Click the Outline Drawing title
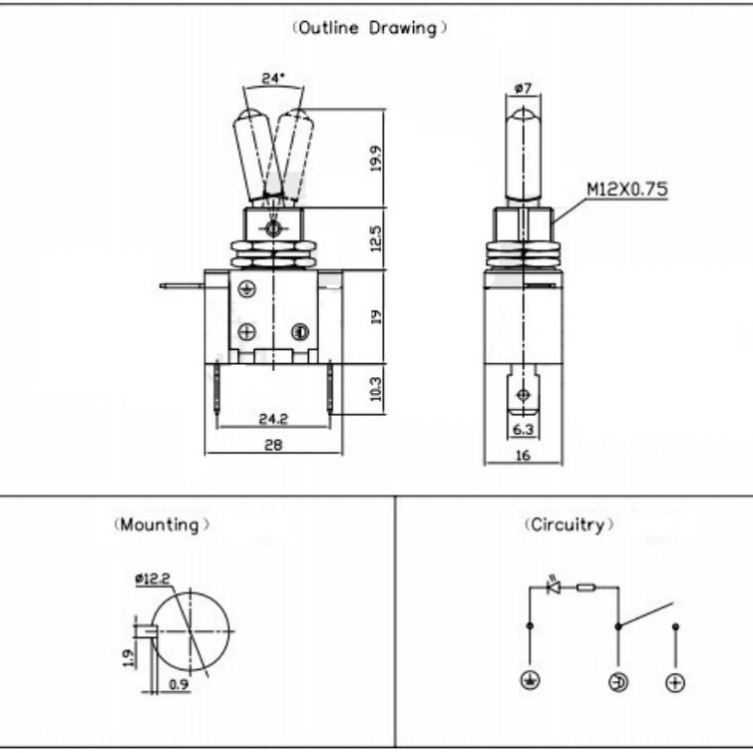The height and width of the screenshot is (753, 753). point(369,28)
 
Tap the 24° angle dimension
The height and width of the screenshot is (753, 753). point(273,78)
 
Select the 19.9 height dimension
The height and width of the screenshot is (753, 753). point(376,159)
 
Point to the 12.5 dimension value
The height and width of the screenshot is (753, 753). point(376,238)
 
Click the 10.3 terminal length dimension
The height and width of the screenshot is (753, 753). point(376,389)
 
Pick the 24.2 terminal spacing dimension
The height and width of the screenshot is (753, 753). point(273,419)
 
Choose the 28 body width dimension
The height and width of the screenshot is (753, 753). point(273,445)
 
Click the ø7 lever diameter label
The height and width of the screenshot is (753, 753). point(523,88)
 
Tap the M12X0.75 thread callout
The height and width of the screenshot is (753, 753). point(627,188)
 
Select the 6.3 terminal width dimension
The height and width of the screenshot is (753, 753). point(523,429)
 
